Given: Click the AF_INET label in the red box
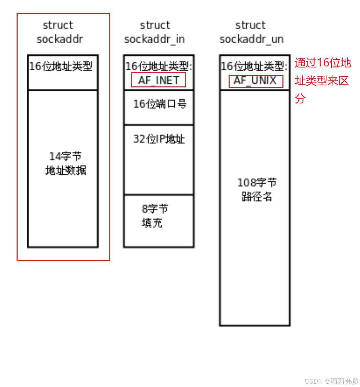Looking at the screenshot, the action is point(158,80).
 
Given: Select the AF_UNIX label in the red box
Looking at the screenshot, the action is point(256,81).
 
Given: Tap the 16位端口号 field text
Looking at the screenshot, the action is point(160,104).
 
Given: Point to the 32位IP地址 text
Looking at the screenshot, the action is point(159,139).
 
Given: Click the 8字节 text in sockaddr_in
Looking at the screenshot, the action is point(155,209).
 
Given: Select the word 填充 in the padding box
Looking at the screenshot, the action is point(152,223).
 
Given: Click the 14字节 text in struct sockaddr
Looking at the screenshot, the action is point(65,157).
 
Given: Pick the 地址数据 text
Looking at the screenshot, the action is point(66,170).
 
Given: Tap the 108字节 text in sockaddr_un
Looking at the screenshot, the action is point(257,183).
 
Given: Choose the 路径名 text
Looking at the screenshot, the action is point(257,197).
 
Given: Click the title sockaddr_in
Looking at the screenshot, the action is point(154,39).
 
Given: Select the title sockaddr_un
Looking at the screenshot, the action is point(251,39).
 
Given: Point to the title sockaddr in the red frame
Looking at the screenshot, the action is point(60,39).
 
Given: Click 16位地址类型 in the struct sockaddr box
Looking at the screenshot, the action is point(61,66).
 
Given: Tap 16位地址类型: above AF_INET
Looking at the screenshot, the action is point(158,66).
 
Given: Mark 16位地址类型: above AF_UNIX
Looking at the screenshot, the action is point(254,66).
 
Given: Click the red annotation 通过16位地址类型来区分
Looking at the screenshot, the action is point(322,81).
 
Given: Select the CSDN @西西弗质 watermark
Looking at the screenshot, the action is point(331,381).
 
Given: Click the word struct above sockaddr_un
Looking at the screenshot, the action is point(251,25).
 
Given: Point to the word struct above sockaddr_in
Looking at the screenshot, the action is point(155,25).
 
